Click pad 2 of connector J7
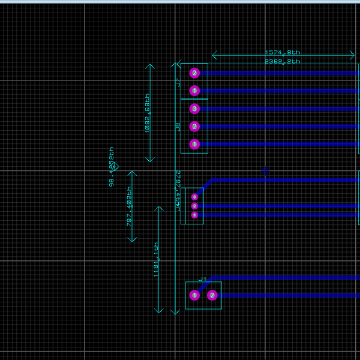coord(194,73)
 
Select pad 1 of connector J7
coord(194,91)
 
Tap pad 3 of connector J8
coord(194,109)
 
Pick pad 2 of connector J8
coord(194,127)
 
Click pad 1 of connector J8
coord(194,144)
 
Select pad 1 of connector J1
coord(194,295)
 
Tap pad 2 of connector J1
coord(212,295)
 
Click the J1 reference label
coord(203,279)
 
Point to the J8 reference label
coord(178,127)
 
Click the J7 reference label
coord(178,83)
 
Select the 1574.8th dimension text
coord(283,53)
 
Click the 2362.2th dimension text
coord(283,61)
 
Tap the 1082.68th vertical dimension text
coord(147,113)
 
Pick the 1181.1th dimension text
coord(156,259)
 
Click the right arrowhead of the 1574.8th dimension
coord(353,56)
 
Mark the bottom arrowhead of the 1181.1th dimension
coord(158,311)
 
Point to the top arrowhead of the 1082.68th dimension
coord(150,65)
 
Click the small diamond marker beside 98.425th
coord(115,167)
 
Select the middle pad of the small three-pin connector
coord(194,206)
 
